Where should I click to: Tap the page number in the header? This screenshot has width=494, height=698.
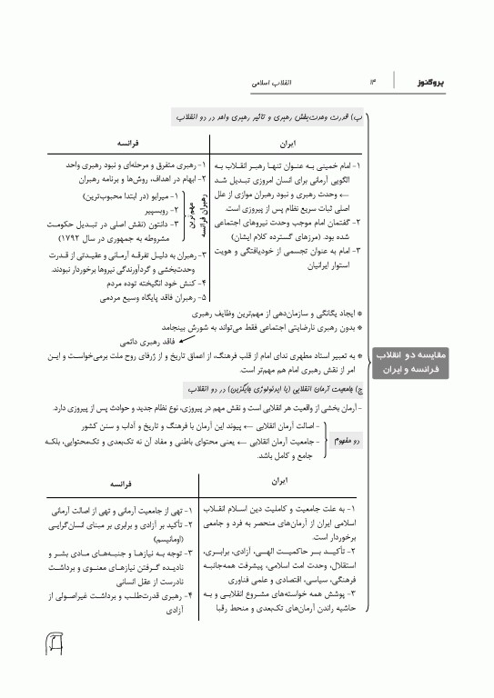(x=372, y=83)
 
